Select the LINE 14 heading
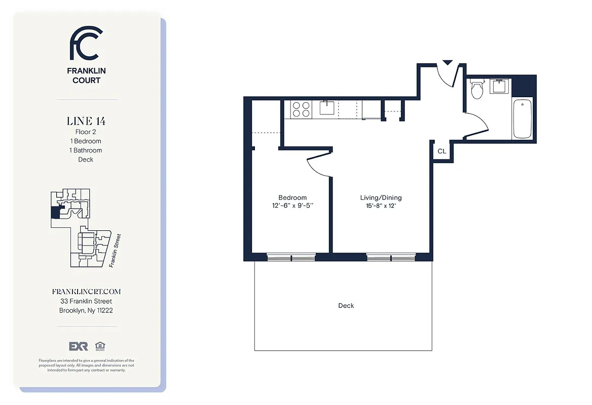(x=86, y=121)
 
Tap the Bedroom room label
(x=292, y=197)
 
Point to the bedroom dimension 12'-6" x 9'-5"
(x=292, y=206)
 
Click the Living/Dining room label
(x=381, y=197)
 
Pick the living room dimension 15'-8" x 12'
(x=381, y=206)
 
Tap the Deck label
(x=346, y=306)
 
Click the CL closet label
(x=441, y=151)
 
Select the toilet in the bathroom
(x=476, y=90)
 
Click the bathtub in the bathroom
(x=522, y=119)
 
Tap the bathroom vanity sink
(x=499, y=87)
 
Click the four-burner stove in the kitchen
(x=301, y=109)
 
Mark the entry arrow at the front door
(x=447, y=63)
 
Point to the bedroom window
(x=291, y=258)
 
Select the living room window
(x=391, y=258)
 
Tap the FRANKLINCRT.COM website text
(x=86, y=292)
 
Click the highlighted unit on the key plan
(x=54, y=212)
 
